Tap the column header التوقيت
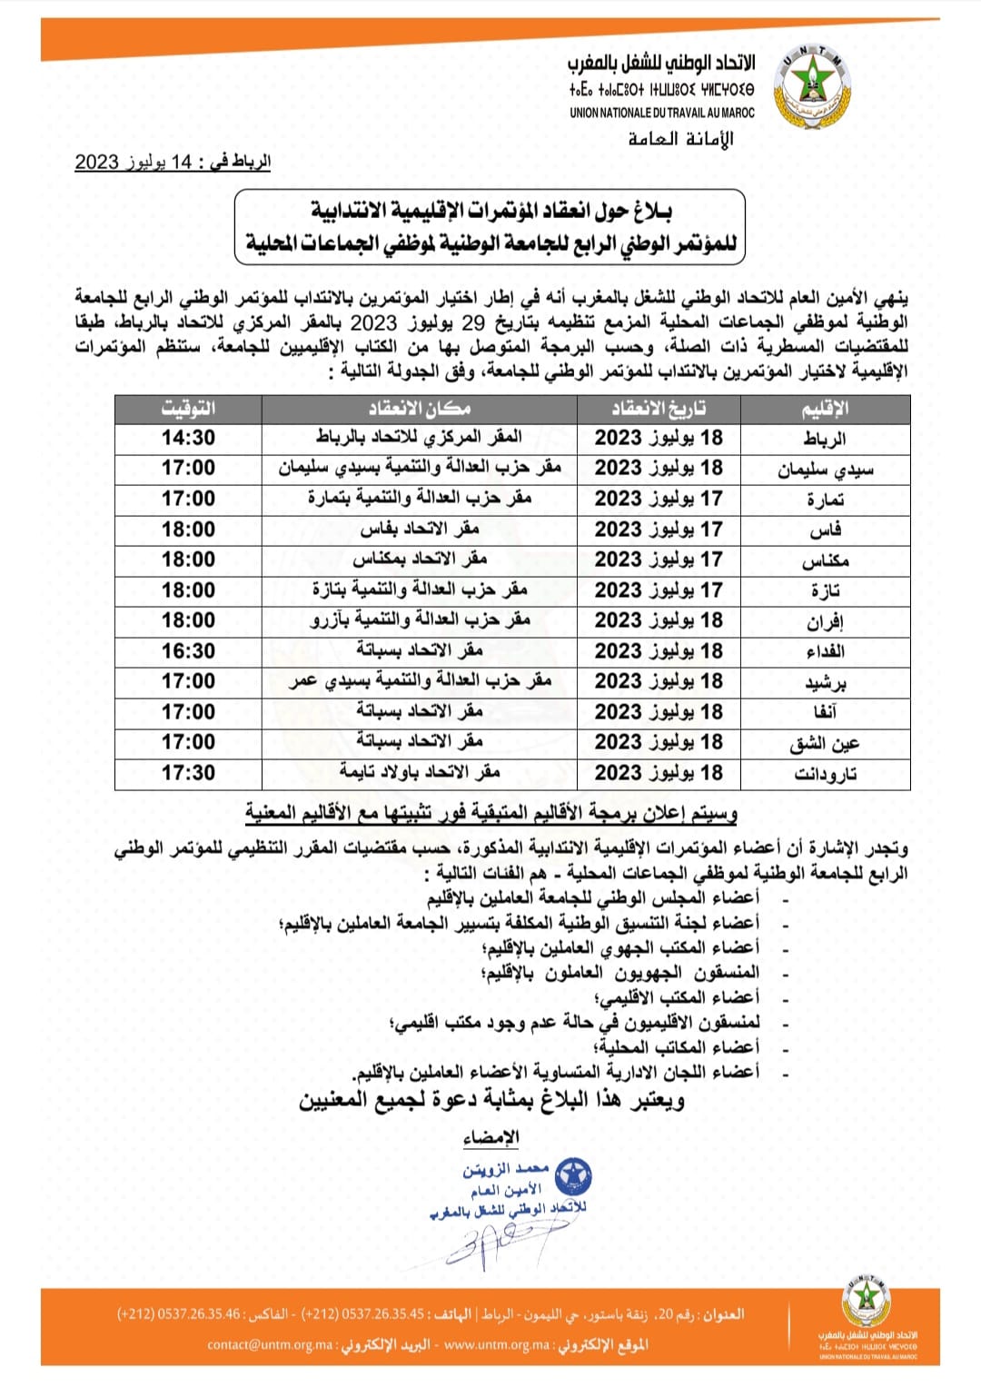click(x=188, y=409)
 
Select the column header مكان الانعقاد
click(x=419, y=409)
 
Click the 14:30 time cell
click(x=188, y=438)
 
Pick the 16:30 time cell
click(x=188, y=651)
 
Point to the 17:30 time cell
click(x=188, y=773)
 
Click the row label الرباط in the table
click(x=824, y=439)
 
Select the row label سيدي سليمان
click(x=824, y=469)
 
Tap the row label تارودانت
click(x=824, y=774)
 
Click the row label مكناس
click(x=824, y=560)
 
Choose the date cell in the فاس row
click(x=659, y=530)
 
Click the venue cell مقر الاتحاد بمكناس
click(x=419, y=560)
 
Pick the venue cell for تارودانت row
click(x=419, y=773)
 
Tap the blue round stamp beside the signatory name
click(x=573, y=1177)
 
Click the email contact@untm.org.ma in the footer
click(x=270, y=1344)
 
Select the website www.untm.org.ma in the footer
click(x=497, y=1344)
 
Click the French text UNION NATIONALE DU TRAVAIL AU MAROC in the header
click(x=661, y=113)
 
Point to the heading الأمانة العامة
click(x=680, y=139)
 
